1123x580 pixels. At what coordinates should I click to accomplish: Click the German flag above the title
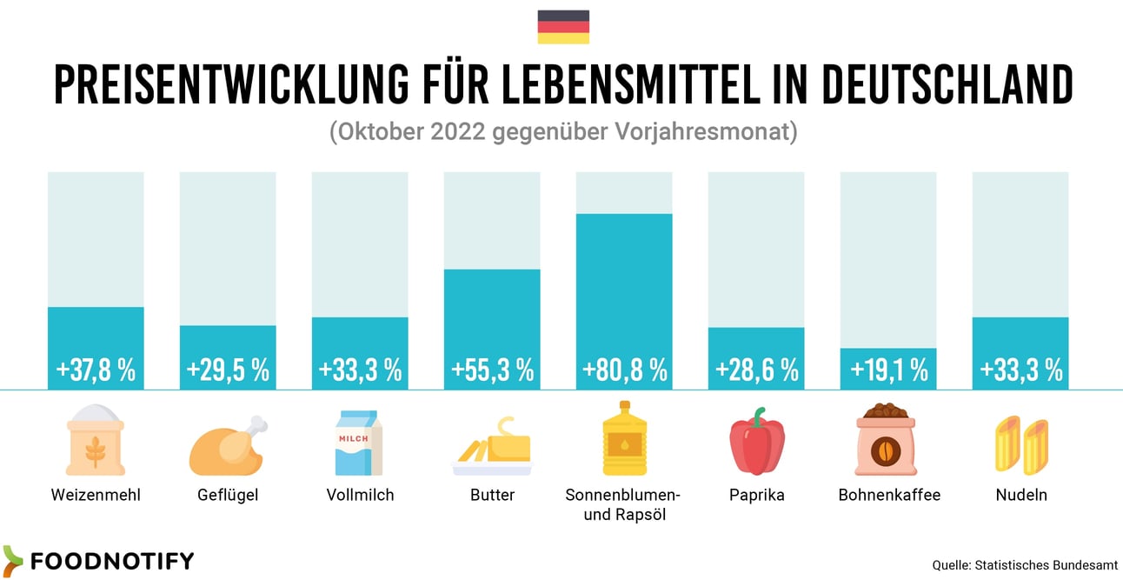pos(563,27)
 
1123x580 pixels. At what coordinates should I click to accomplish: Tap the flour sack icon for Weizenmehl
pos(96,441)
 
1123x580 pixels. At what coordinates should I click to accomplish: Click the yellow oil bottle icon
pos(624,438)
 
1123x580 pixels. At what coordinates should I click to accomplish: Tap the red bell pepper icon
pos(756,441)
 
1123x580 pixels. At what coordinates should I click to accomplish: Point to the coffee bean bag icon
pos(888,441)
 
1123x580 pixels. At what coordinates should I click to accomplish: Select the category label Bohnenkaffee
pos(888,496)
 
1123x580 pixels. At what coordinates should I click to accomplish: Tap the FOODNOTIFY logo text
pos(111,561)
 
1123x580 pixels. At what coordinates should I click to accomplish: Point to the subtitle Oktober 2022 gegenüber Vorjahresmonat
pos(563,133)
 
